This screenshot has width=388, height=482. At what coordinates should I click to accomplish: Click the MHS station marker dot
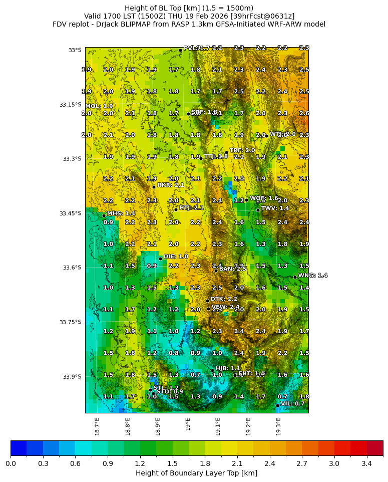coord(104,215)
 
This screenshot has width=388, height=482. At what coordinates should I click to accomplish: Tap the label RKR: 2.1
coord(171,185)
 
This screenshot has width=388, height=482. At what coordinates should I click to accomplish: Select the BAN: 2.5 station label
coord(232,269)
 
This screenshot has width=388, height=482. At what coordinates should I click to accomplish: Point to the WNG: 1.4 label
coord(312,275)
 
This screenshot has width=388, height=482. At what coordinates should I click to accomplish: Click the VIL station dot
coord(277,405)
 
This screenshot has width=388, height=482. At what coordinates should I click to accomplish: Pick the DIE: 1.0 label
coord(176,256)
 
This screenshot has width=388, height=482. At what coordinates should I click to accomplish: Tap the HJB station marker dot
coord(212,370)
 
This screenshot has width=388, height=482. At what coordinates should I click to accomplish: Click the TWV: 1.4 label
coord(275,208)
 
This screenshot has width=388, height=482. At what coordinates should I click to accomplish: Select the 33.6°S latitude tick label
coord(72,268)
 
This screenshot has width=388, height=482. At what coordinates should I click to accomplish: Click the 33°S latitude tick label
coord(75,50)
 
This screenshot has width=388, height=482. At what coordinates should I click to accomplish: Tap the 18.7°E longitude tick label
coord(98,426)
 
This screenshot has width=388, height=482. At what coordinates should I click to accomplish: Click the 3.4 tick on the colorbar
coord(366,464)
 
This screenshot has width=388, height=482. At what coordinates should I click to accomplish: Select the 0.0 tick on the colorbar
coord(11,464)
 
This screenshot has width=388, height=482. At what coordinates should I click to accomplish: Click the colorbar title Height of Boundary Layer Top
coord(196,473)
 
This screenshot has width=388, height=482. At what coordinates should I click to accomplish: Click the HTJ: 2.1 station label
coord(191,207)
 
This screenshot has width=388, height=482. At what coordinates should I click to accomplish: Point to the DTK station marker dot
coord(207,301)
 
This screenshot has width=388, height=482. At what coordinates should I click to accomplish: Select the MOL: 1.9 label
coord(99,106)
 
